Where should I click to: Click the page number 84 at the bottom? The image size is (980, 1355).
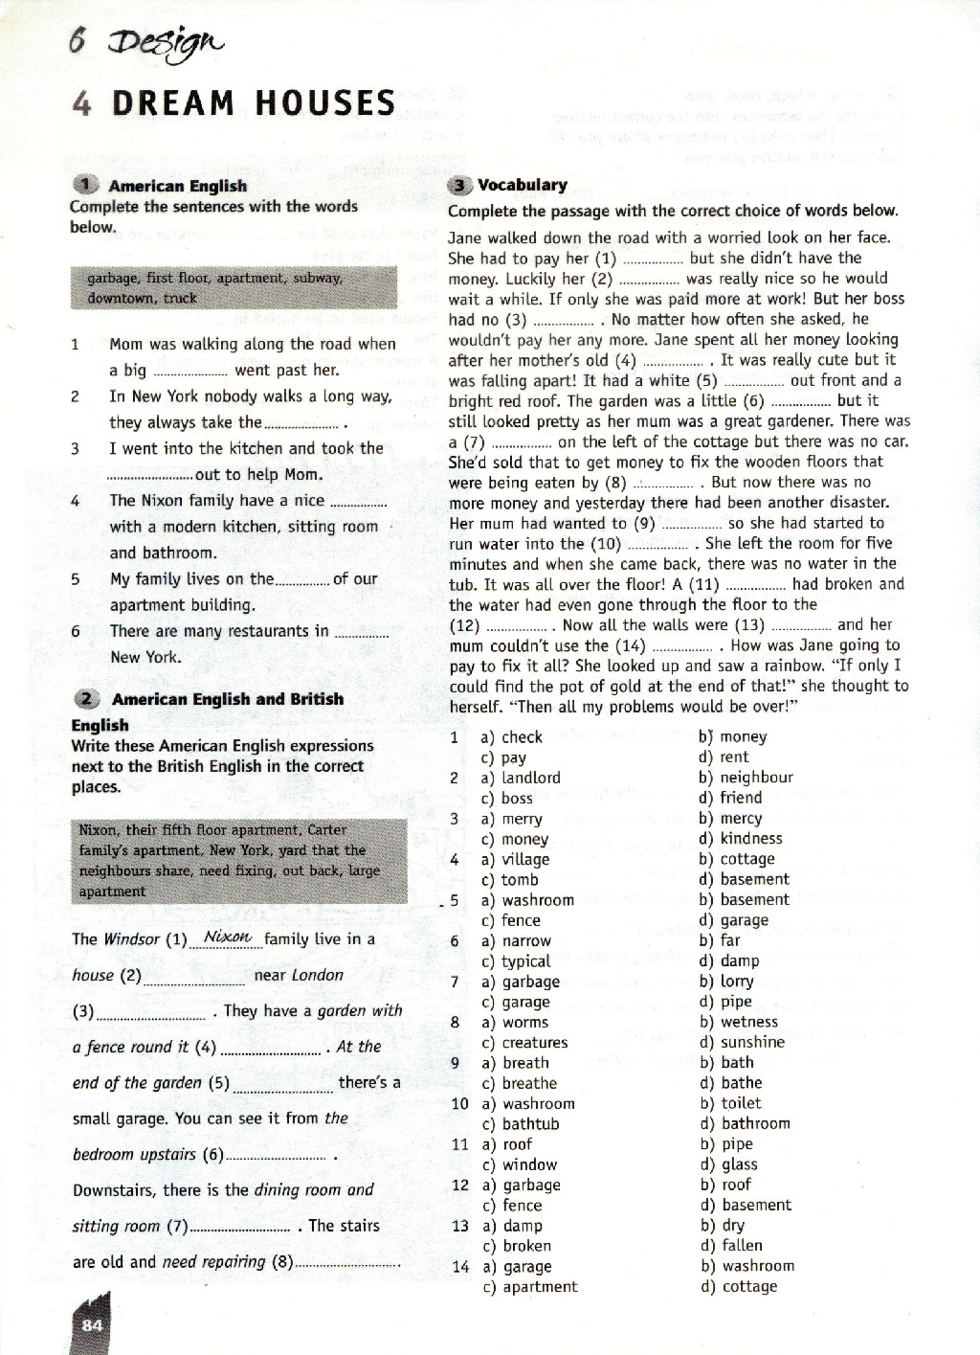pyautogui.click(x=92, y=1325)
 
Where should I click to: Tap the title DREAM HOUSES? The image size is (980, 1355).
pyautogui.click(x=253, y=102)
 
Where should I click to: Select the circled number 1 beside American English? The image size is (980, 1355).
pyautogui.click(x=86, y=186)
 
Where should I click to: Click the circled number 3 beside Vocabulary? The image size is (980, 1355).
pyautogui.click(x=460, y=185)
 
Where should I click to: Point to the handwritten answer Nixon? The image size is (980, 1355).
pyautogui.click(x=227, y=937)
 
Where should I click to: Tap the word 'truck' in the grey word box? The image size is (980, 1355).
pyautogui.click(x=180, y=298)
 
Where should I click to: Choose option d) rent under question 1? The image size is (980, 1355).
pyautogui.click(x=724, y=757)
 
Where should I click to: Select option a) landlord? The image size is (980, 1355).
pyautogui.click(x=521, y=778)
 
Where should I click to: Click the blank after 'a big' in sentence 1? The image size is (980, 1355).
pyautogui.click(x=189, y=371)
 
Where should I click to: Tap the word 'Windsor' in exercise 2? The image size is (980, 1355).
pyautogui.click(x=132, y=939)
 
